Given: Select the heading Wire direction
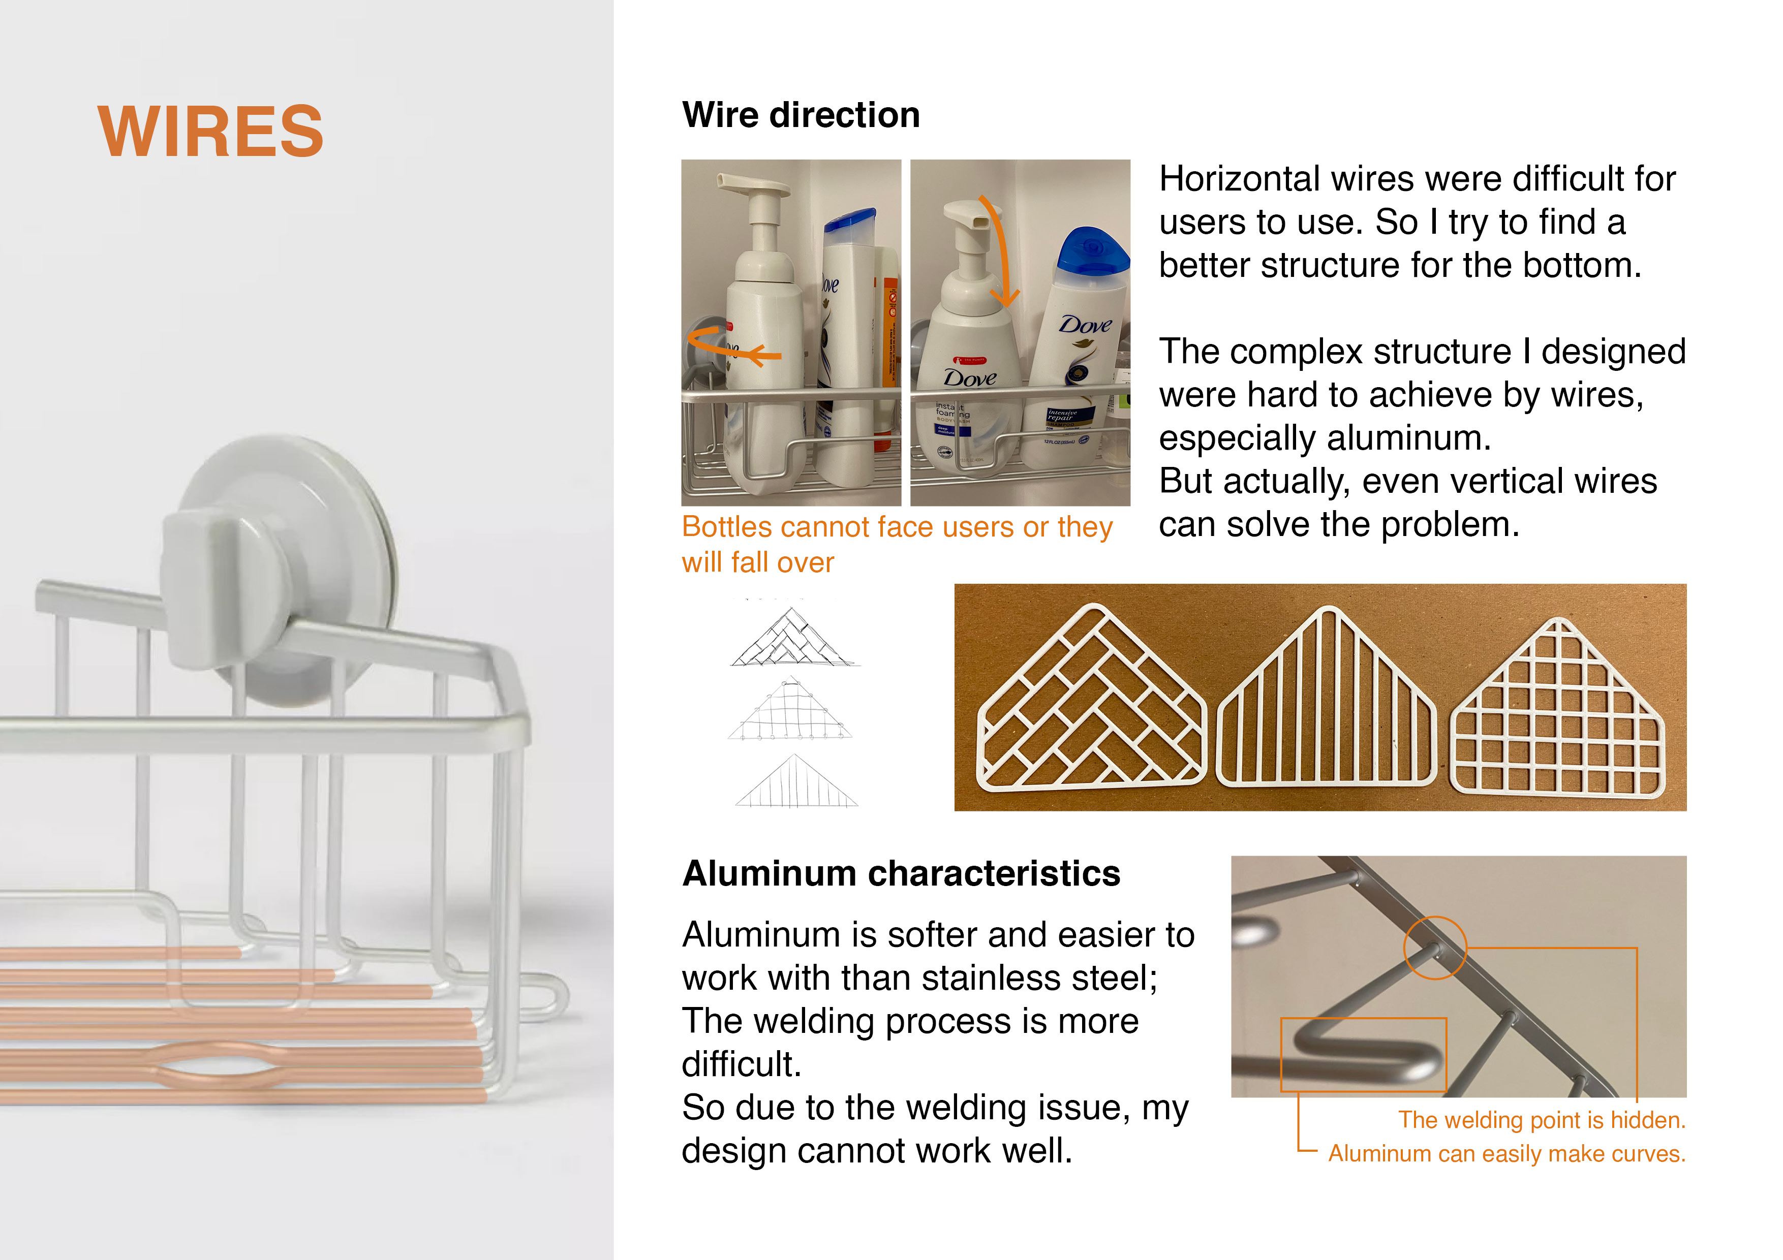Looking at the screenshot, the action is [x=801, y=115].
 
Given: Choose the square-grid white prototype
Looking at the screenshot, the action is [x=1558, y=707].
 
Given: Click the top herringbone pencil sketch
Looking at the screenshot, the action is [x=792, y=638].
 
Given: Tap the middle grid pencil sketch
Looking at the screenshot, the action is [x=790, y=710].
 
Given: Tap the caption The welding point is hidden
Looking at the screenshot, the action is [x=1542, y=1119].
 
